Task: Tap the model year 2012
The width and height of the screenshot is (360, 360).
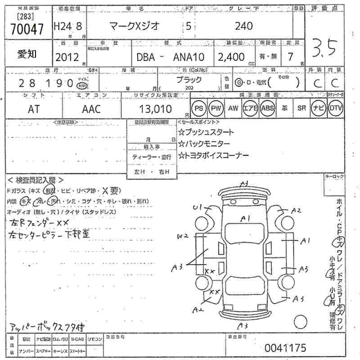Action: pyautogui.click(x=67, y=57)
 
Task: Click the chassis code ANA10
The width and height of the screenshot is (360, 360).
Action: pyautogui.click(x=189, y=57)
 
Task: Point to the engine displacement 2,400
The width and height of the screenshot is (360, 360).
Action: pyautogui.click(x=231, y=57)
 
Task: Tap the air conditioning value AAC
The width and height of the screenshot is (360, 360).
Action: pyautogui.click(x=91, y=108)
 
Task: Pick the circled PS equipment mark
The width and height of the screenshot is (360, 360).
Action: pyautogui.click(x=198, y=108)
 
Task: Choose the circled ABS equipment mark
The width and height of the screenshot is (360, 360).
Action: pyautogui.click(x=268, y=108)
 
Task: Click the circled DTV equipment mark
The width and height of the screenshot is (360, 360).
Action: pyautogui.click(x=335, y=108)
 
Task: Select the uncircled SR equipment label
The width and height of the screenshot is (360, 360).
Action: pyautogui.click(x=302, y=108)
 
